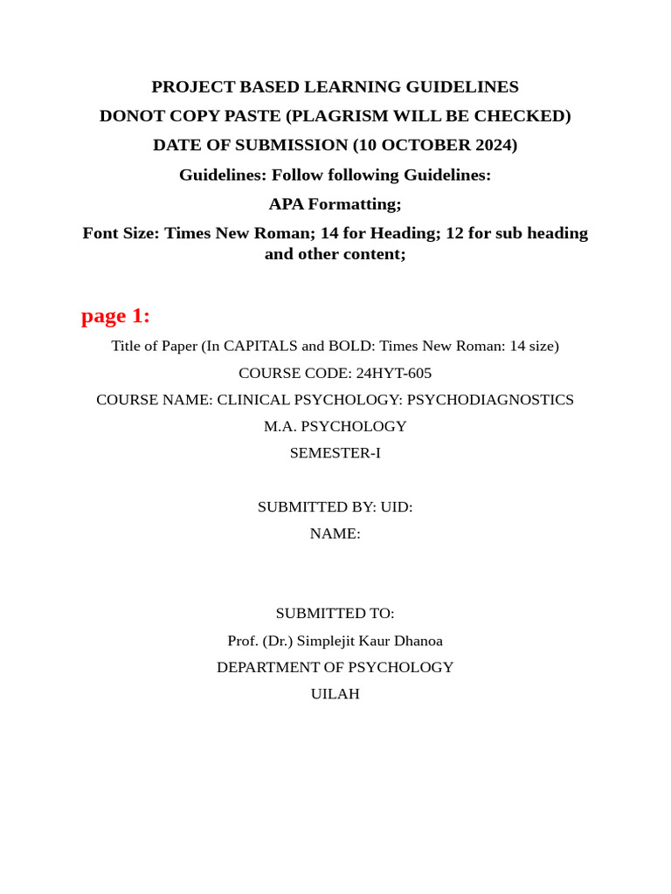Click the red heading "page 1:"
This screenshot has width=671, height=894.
pyautogui.click(x=115, y=316)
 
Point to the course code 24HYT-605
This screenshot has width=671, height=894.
pyautogui.click(x=393, y=373)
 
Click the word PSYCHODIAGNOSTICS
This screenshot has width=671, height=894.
pyautogui.click(x=490, y=400)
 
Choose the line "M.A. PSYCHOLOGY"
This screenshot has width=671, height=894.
pyautogui.click(x=335, y=427)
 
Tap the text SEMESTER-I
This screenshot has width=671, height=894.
pyautogui.click(x=335, y=453)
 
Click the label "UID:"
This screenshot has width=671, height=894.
pyautogui.click(x=397, y=507)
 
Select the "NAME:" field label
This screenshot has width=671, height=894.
pyautogui.click(x=335, y=533)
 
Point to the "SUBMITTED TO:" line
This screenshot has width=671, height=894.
pyautogui.click(x=335, y=614)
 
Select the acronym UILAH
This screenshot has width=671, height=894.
pyautogui.click(x=335, y=694)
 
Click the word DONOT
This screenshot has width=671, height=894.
pyautogui.click(x=133, y=116)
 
